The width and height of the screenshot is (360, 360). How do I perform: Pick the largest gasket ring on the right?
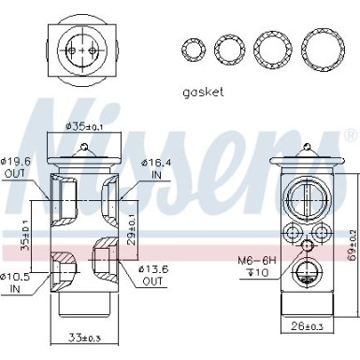coord(321,47)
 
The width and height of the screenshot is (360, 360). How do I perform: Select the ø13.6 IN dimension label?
coord(153,250)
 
